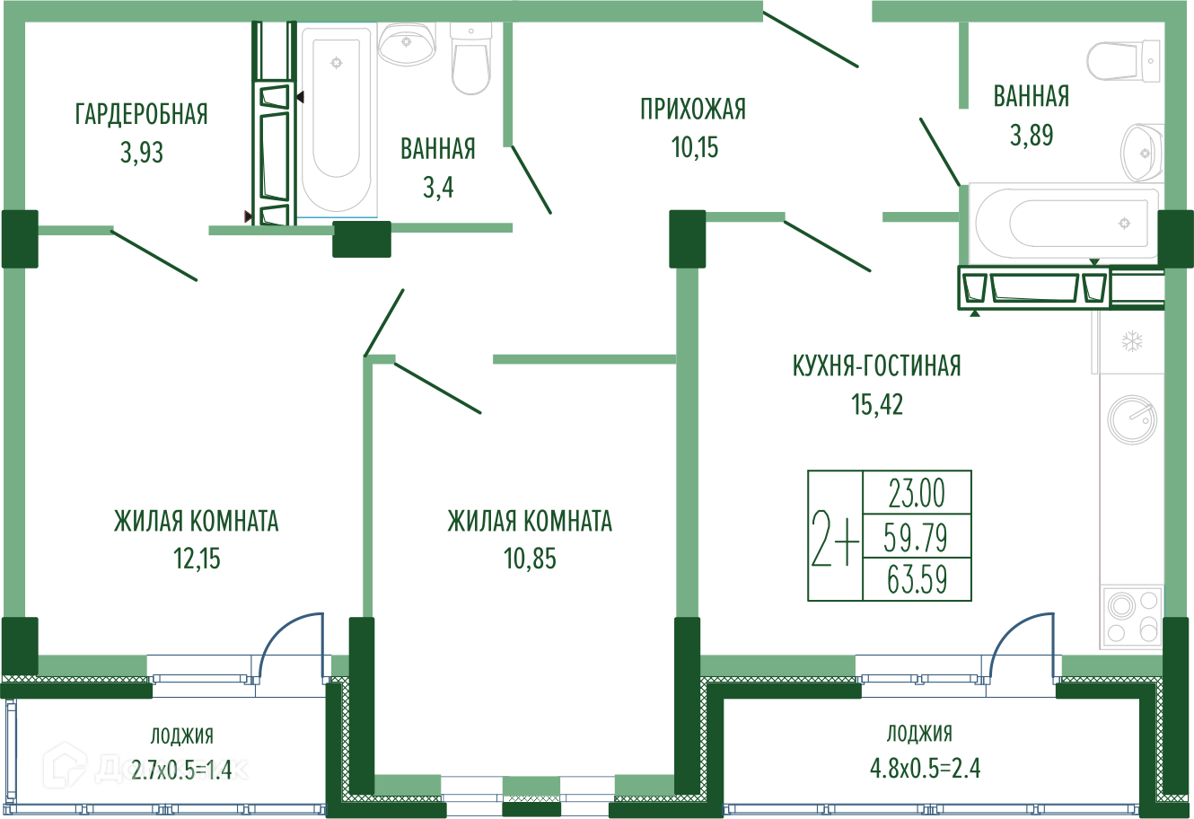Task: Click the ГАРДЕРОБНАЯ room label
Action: (142, 114)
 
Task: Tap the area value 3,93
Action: (142, 153)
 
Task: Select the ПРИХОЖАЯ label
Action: (693, 109)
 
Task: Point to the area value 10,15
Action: (695, 146)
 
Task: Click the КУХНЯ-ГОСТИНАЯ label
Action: (876, 365)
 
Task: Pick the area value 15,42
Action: (877, 405)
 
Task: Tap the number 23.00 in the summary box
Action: (917, 493)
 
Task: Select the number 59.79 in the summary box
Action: (916, 537)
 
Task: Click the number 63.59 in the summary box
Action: (917, 578)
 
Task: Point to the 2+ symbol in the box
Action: (835, 536)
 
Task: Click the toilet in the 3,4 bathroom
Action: (471, 56)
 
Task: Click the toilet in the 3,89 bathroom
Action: (1122, 60)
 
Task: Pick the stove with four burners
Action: (1131, 616)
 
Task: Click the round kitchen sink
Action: (1131, 418)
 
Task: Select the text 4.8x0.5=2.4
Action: (924, 769)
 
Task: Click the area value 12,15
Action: (197, 559)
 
